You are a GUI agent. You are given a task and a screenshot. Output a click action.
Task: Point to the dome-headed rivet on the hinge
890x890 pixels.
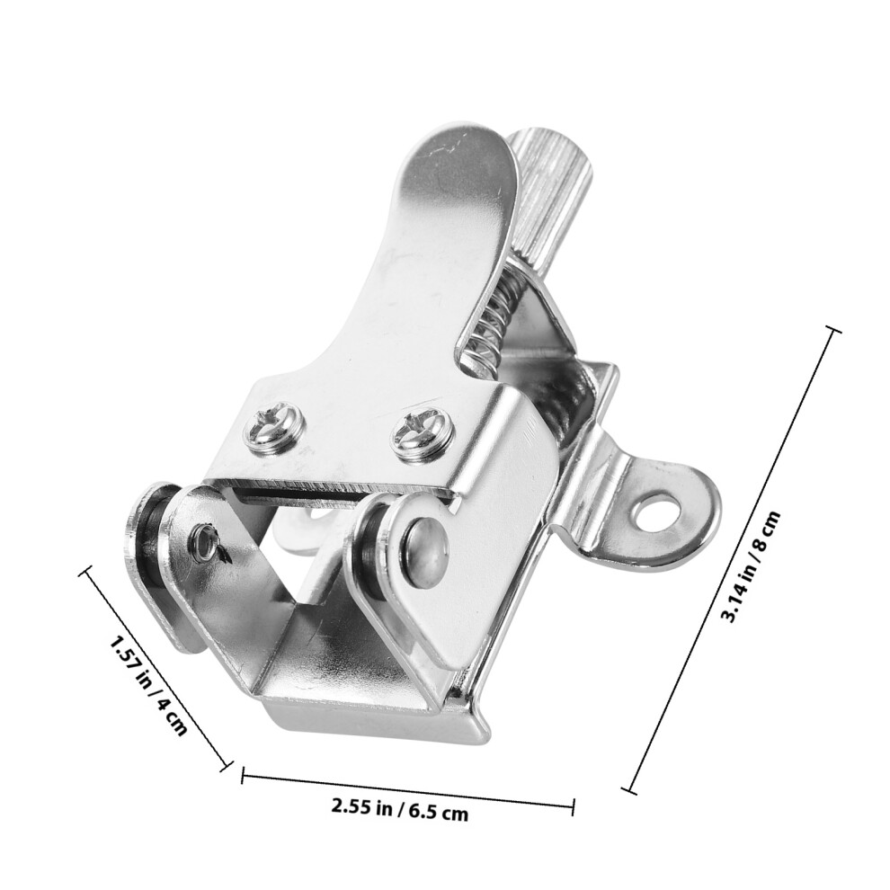click(x=426, y=547)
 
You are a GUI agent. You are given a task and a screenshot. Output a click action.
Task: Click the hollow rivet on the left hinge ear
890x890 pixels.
click(x=204, y=541)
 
